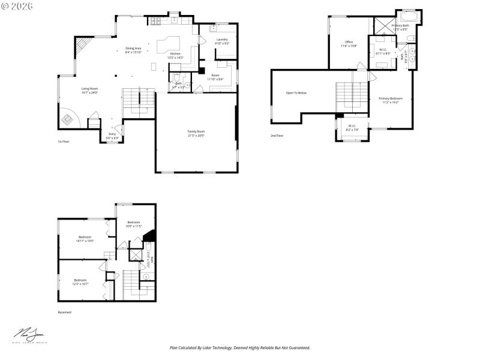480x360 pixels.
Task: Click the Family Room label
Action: point(196,131)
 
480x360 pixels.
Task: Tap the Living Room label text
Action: point(89,89)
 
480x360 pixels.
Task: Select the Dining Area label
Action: point(133,48)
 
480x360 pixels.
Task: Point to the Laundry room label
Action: point(221,39)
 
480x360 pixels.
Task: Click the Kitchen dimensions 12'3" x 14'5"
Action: point(176,58)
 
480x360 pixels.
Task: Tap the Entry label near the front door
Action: point(112,134)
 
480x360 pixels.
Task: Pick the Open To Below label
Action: point(296,93)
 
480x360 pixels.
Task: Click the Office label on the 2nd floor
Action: point(349,41)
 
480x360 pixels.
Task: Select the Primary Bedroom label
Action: point(391,98)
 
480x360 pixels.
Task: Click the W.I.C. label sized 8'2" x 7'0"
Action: point(353,125)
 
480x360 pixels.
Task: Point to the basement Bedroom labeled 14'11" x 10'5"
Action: point(85,238)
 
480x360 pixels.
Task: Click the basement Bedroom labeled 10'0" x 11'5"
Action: point(133,222)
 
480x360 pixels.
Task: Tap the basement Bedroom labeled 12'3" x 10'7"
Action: point(81,280)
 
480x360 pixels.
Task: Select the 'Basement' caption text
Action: point(65,312)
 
